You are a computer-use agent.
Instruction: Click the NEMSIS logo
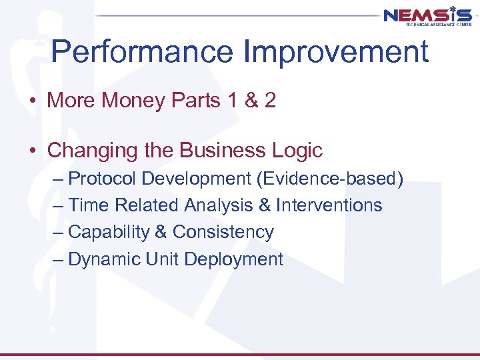pos(427,16)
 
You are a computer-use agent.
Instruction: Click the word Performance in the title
pos(138,52)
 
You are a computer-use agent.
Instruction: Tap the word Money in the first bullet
pos(133,101)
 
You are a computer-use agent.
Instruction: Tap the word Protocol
pos(103,179)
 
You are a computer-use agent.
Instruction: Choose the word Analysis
pos(218,205)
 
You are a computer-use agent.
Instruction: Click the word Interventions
pos(329,205)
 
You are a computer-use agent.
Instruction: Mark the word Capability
pos(109,232)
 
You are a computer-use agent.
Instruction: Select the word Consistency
pos(223,232)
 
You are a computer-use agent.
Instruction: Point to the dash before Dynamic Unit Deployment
pos(58,259)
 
